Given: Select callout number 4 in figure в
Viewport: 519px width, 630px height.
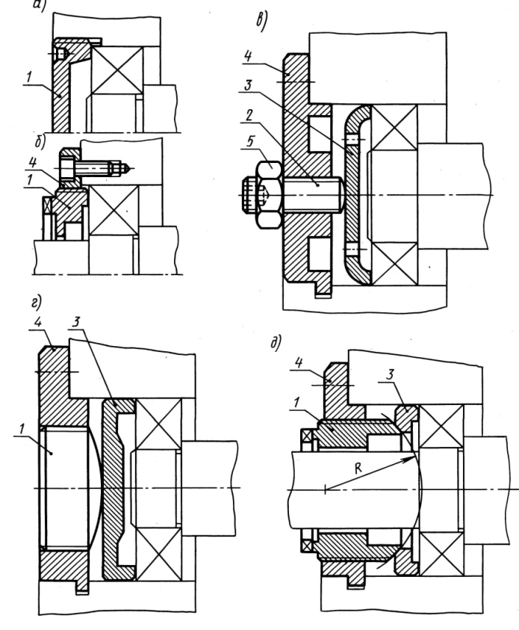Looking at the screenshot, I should coord(246,55).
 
